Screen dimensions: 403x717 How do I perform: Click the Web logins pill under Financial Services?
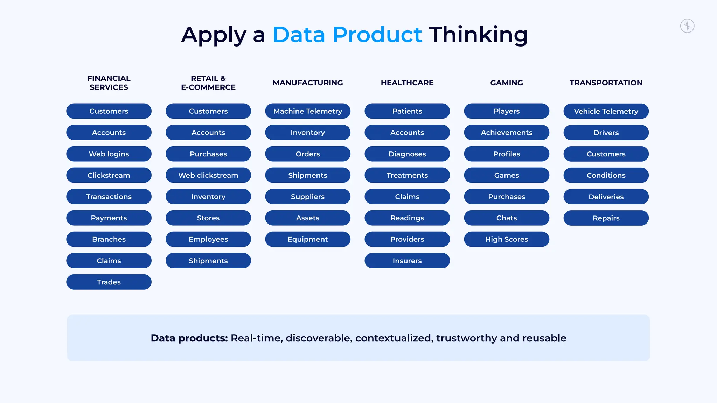[109, 154]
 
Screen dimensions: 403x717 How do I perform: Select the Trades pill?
[109, 282]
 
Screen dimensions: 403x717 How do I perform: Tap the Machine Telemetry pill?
[308, 111]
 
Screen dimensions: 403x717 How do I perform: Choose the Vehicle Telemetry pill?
[606, 111]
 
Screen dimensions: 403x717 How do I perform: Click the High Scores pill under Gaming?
[507, 239]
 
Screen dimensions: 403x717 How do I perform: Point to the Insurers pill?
[407, 261]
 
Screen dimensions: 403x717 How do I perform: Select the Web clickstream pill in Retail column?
[208, 175]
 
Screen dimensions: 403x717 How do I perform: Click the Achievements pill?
[507, 133]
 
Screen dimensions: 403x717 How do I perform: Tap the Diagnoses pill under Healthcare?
[407, 154]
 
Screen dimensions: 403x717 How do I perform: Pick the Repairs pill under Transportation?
[606, 218]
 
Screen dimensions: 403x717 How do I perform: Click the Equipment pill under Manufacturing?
[308, 239]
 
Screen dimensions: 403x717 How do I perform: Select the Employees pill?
[208, 239]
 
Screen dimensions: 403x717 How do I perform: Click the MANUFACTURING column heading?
[308, 83]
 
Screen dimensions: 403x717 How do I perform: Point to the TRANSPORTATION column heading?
[606, 83]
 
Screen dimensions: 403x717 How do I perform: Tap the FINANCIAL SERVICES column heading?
[109, 83]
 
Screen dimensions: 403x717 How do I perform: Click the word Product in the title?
[377, 35]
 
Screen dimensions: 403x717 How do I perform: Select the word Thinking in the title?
[478, 35]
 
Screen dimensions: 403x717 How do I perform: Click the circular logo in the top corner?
[687, 26]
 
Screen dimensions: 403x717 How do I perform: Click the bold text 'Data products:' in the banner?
[189, 338]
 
